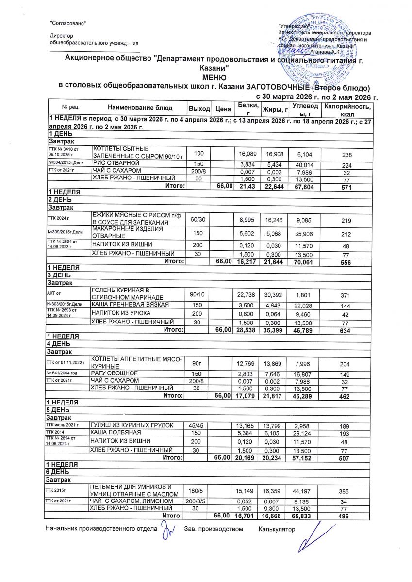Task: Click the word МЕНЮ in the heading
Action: [x=213, y=78]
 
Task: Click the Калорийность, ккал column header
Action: [x=348, y=110]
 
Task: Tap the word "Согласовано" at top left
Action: [x=68, y=23]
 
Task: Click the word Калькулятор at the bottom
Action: [x=277, y=529]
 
